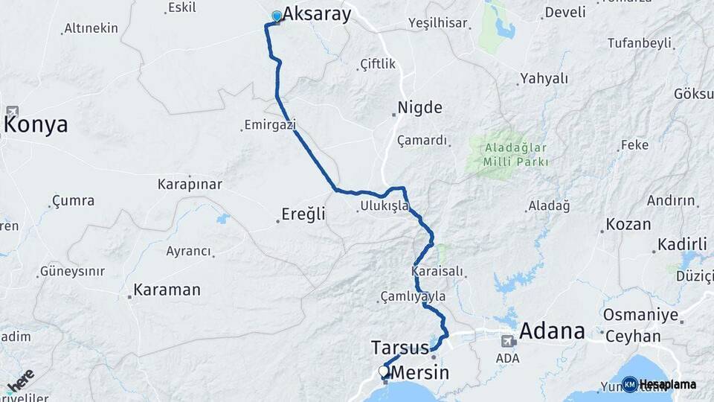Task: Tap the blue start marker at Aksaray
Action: tap(277, 16)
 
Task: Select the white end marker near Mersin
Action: tap(384, 371)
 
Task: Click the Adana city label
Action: tap(552, 331)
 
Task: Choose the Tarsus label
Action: tap(399, 348)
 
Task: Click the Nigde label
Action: tap(419, 107)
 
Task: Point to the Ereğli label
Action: tap(303, 214)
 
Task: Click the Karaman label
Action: tap(167, 290)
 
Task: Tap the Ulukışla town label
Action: tap(384, 205)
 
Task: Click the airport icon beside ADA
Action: tap(509, 342)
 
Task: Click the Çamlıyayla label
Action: tap(413, 296)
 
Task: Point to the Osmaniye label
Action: tap(640, 314)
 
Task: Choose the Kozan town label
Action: tap(628, 224)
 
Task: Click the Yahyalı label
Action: tap(544, 78)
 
